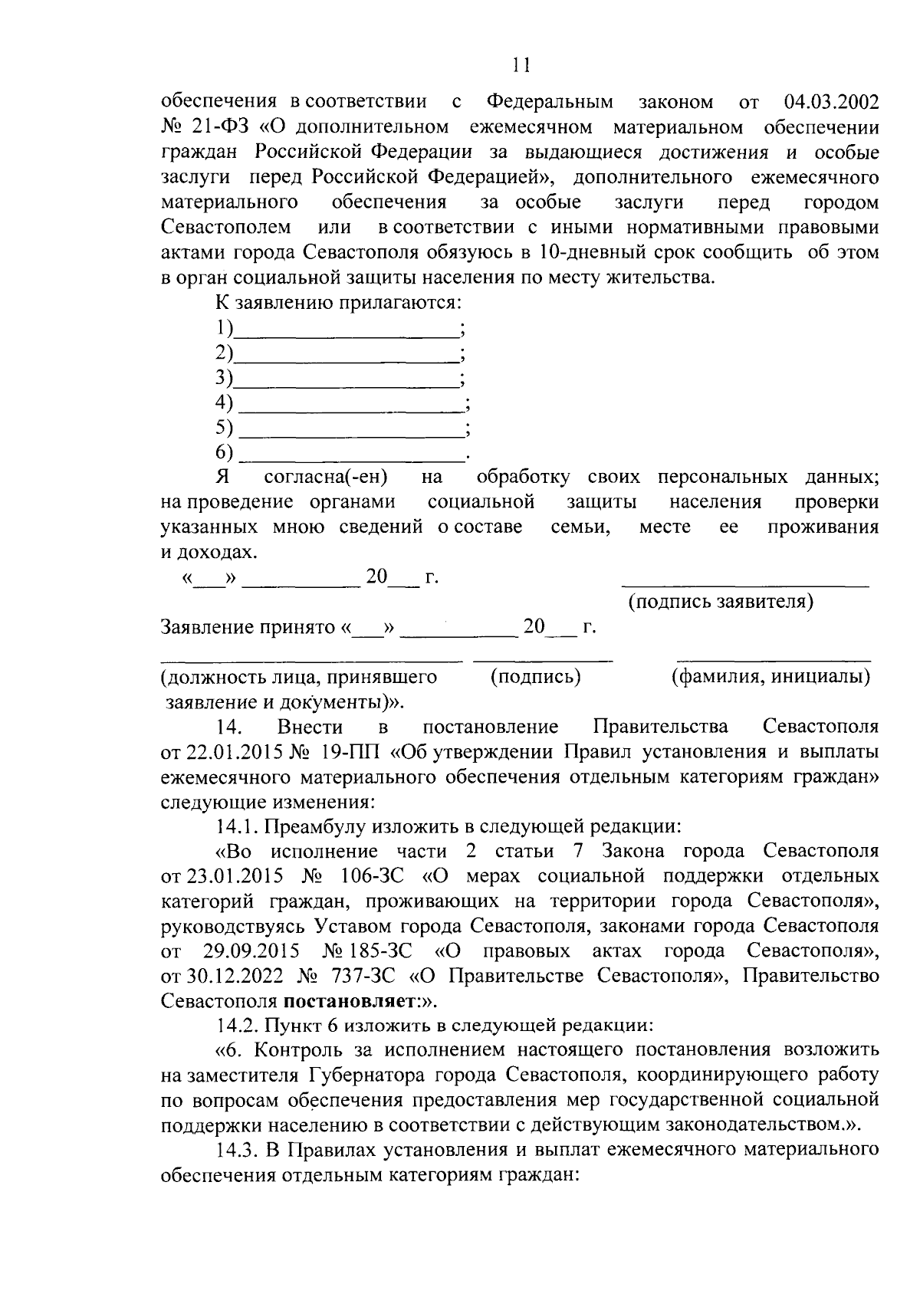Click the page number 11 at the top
[x=521, y=66]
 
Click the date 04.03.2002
[x=832, y=102]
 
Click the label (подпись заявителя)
[x=721, y=602]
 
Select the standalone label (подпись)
[x=535, y=677]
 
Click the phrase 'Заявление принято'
[x=247, y=628]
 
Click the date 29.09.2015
[x=250, y=951]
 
